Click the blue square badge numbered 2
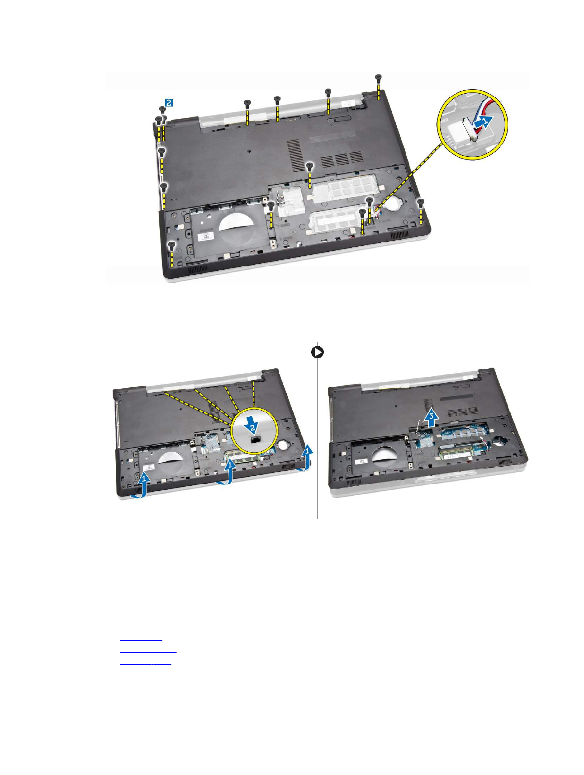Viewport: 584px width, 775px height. click(x=168, y=103)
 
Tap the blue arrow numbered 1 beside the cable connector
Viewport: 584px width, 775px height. click(x=482, y=121)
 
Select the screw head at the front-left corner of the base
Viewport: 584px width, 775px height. click(x=171, y=243)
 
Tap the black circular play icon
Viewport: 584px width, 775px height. click(x=318, y=352)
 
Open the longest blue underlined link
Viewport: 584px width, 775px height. click(x=148, y=652)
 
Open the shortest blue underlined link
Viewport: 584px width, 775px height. click(x=141, y=639)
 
